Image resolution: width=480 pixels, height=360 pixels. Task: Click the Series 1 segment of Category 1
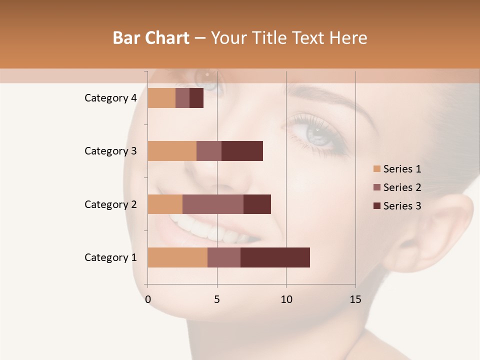(x=177, y=257)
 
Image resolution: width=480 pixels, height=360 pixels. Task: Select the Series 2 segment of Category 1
(x=224, y=257)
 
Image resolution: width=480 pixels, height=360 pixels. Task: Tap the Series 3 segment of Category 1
(x=275, y=257)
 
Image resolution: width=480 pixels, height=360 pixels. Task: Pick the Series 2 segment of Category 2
(x=213, y=204)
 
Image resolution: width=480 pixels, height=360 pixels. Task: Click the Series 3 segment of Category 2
(x=257, y=204)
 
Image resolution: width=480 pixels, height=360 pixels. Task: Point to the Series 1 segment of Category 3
(x=172, y=151)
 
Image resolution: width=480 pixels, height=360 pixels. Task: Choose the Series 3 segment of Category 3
(x=242, y=151)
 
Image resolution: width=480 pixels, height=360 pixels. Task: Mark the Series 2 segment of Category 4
(x=182, y=98)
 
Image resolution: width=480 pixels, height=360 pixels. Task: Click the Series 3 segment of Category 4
(x=196, y=98)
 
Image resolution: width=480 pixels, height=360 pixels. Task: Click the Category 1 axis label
(x=110, y=257)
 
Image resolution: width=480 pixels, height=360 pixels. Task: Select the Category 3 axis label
(x=110, y=151)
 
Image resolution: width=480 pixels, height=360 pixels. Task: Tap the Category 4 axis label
(x=110, y=98)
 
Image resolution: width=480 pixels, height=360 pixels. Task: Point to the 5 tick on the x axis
(x=217, y=299)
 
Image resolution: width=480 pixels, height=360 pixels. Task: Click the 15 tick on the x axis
(x=355, y=299)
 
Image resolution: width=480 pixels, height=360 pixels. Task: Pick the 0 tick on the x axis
(x=148, y=299)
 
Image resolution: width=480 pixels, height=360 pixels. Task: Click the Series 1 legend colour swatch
(x=376, y=169)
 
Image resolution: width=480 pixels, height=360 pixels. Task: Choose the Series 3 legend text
(x=402, y=206)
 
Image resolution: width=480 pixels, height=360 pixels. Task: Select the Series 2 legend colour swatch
(x=376, y=187)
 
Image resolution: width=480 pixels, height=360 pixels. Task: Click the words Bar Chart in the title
(x=151, y=38)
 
